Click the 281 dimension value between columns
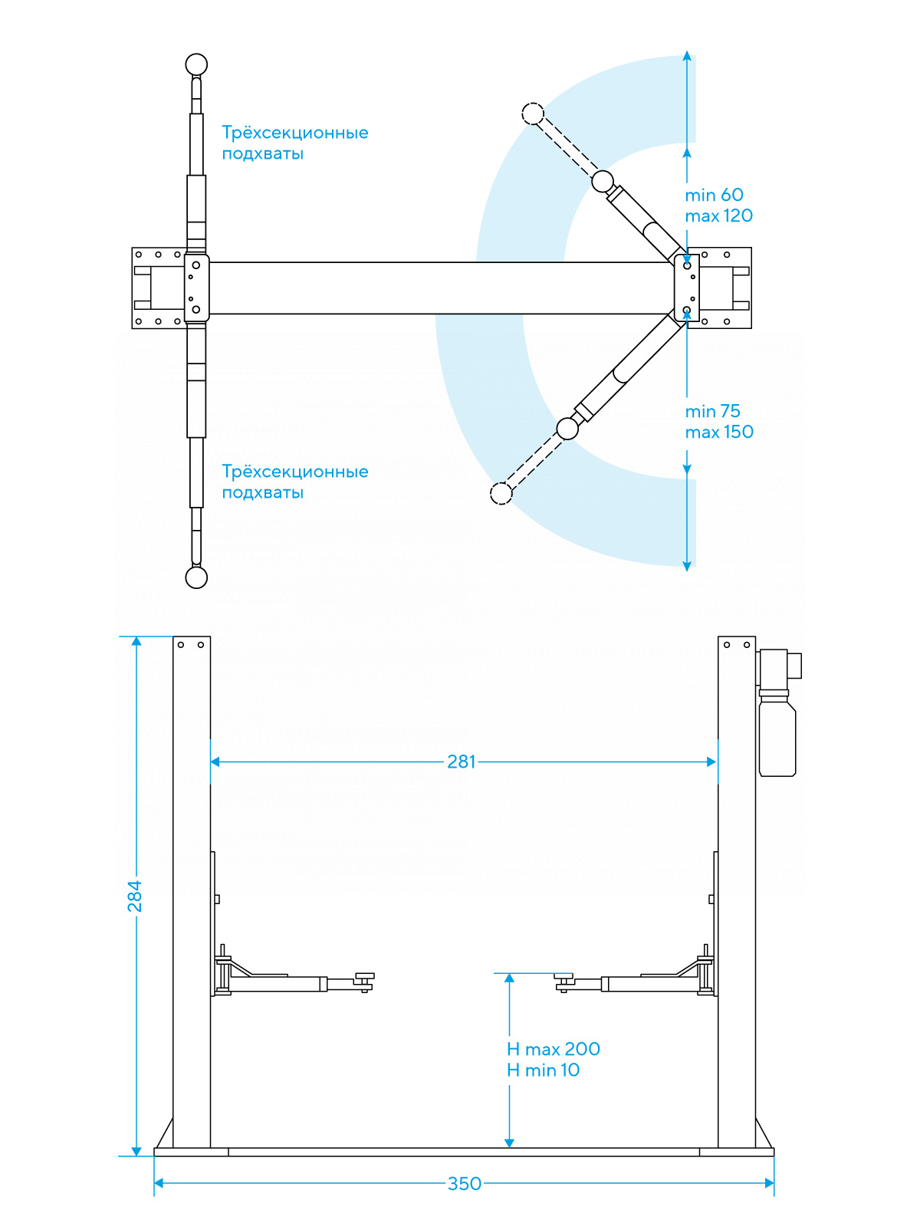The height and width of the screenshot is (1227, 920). coord(462,762)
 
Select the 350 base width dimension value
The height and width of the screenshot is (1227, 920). coord(465,1183)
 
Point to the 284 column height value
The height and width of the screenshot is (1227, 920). coord(135,896)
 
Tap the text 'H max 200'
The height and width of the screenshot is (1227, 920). coord(554,1049)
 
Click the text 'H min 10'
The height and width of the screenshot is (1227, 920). coord(543,1070)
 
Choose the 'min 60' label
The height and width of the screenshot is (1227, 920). coord(714,195)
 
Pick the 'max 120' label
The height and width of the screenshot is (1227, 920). coord(718,215)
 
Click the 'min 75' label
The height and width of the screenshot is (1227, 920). coord(712,411)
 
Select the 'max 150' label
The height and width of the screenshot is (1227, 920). coord(719,432)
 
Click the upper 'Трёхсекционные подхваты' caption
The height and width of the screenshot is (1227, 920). coord(294,143)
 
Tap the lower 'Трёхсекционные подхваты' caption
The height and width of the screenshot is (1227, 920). coord(294,482)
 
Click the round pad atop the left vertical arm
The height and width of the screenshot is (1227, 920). coord(196,64)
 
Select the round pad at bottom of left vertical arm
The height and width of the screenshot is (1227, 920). coord(196,577)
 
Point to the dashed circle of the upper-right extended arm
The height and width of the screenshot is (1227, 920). coord(533,114)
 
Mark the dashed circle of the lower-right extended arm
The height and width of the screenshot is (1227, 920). coord(501,493)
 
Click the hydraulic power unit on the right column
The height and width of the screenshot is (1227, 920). coord(777,713)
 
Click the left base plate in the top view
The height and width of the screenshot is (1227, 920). coord(158,288)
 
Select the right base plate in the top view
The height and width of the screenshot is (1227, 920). coord(725,288)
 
